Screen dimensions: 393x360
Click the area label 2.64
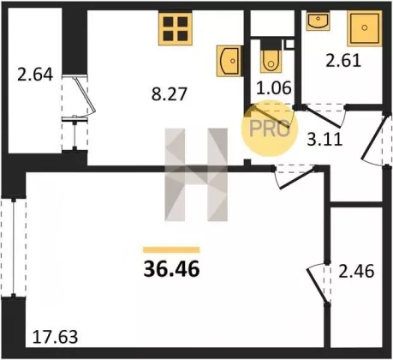[x=35, y=75]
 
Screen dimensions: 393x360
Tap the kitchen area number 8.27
[x=169, y=94]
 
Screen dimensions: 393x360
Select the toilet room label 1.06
[x=274, y=87]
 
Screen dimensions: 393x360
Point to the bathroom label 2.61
[x=343, y=61]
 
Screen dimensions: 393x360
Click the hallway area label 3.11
[x=325, y=140]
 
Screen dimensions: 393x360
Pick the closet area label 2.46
[x=356, y=271]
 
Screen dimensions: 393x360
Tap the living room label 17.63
[x=55, y=337]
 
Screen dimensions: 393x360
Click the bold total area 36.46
[x=171, y=269]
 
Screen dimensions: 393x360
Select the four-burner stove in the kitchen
[x=176, y=28]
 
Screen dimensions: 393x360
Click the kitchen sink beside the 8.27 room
[x=229, y=61]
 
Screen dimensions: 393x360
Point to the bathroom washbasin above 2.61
[x=319, y=21]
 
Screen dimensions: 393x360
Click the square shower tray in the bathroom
[x=365, y=28]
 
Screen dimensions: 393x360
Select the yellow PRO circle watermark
[x=270, y=129]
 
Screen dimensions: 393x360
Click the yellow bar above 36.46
[x=171, y=250]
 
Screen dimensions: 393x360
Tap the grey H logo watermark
[x=196, y=175]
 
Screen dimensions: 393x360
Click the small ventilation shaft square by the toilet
[x=289, y=44]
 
